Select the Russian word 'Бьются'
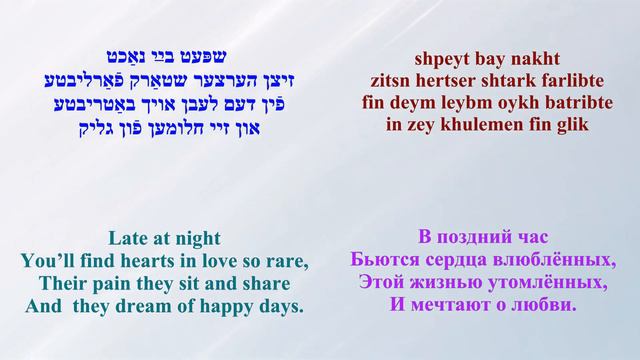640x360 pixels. click(384, 262)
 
